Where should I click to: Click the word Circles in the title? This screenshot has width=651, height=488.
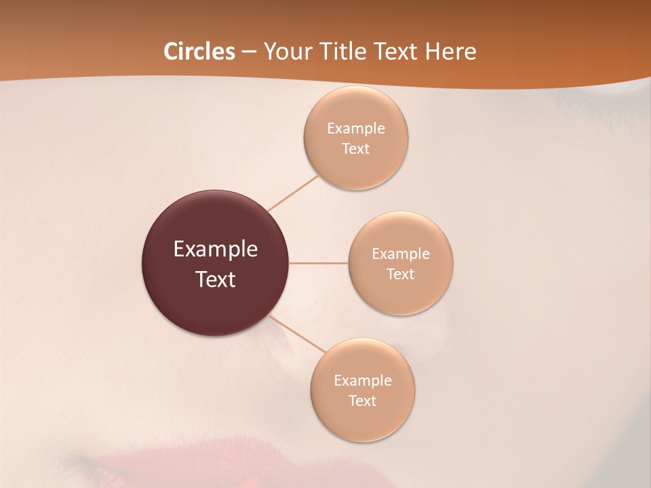199,52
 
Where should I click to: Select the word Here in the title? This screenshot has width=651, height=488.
450,52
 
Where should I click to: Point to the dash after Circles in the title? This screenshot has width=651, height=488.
249,52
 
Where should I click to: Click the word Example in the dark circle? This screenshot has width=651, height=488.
216,249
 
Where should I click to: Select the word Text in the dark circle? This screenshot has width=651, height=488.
216,279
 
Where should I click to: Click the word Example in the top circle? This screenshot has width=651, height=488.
356,128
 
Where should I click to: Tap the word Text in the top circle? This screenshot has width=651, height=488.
355,148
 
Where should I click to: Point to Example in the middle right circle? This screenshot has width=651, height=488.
401,253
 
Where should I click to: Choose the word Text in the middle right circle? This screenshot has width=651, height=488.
400,274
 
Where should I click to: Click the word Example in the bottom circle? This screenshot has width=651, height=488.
363,380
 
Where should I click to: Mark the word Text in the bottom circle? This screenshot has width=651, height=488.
362,401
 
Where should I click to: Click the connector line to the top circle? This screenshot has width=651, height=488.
293,193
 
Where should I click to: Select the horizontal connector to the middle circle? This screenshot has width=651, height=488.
318,263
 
